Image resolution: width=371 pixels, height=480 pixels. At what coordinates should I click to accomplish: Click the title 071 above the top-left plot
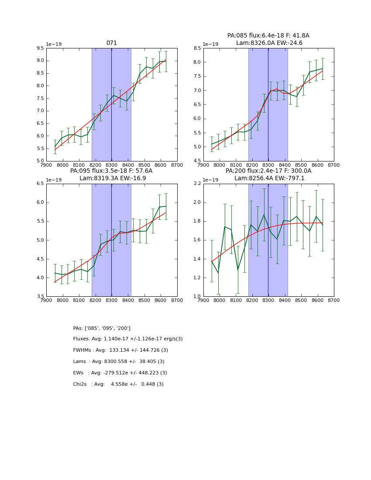pos(111,43)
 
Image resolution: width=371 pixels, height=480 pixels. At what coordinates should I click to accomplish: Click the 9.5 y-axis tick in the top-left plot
pos(40,48)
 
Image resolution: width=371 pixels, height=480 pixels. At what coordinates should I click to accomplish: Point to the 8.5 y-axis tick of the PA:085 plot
pos(197,48)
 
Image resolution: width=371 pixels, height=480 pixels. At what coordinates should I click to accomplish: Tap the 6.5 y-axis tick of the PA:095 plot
pos(40,184)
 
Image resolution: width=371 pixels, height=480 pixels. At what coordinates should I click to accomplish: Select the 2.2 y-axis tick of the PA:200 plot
pos(197,184)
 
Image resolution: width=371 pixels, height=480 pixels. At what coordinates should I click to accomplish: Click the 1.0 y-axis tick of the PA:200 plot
pos(197,296)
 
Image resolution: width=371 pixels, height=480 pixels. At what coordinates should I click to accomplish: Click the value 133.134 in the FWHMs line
pos(118,350)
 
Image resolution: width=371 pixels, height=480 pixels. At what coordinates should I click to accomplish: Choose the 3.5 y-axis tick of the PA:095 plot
pos(40,296)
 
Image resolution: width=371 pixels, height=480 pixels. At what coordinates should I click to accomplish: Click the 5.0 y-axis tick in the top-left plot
pos(40,161)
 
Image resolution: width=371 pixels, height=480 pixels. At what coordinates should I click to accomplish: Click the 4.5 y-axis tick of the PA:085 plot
pos(197,161)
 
